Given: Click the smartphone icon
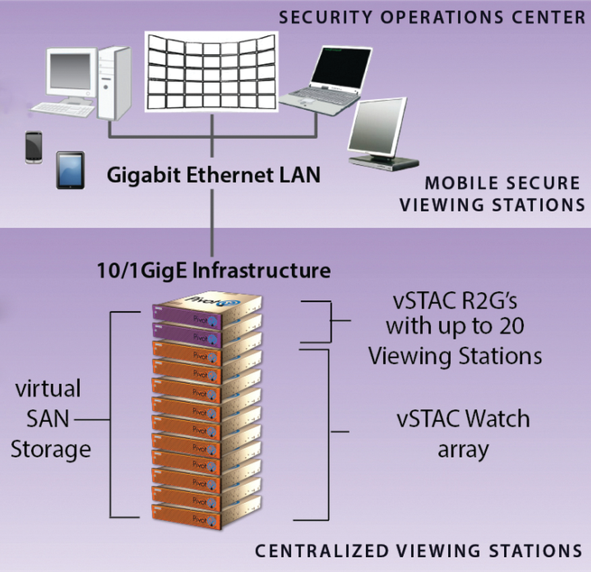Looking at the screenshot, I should [33, 147].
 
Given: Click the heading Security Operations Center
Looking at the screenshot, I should [433, 17].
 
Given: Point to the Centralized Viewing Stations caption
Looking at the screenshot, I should [418, 550].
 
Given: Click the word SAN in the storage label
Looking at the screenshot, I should [48, 419].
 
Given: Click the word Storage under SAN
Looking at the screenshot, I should [51, 449].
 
